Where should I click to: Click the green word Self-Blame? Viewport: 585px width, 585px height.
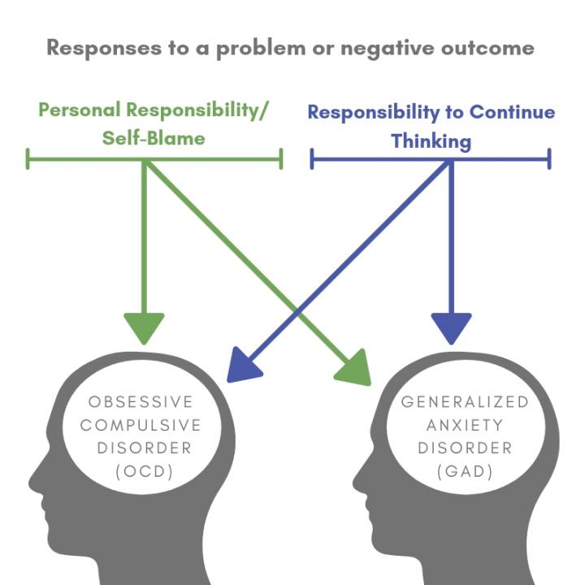[154, 137]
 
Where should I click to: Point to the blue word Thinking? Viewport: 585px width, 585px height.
[431, 141]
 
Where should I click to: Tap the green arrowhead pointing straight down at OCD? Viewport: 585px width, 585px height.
[144, 327]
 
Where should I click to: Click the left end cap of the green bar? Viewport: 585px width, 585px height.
[28, 158]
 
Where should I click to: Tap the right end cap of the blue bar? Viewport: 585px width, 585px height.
[549, 158]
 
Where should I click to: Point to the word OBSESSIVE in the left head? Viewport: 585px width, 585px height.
[141, 402]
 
